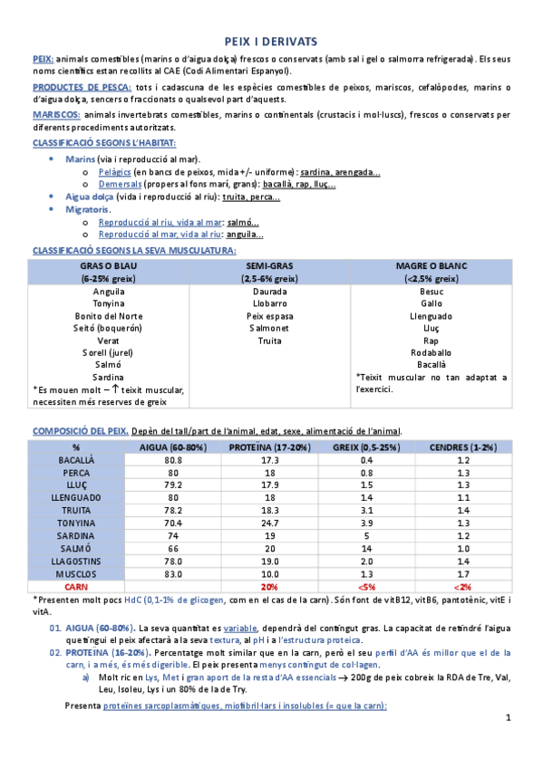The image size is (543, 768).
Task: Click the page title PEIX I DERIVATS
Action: [x=270, y=42]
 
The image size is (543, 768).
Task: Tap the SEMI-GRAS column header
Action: [x=269, y=266]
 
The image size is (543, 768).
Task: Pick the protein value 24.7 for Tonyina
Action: [x=269, y=523]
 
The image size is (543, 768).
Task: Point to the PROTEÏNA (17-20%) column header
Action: [x=269, y=447]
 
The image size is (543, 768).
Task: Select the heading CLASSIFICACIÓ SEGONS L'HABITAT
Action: [x=103, y=144]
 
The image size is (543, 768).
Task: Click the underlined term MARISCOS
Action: [x=55, y=115]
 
